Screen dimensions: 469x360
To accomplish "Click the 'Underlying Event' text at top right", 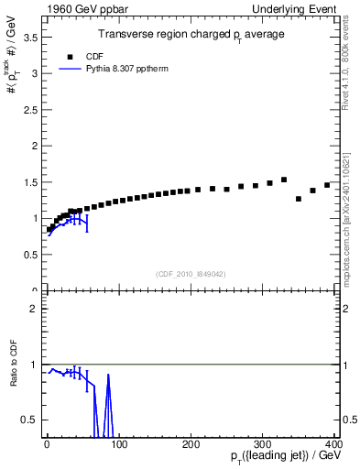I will [x=295, y=7].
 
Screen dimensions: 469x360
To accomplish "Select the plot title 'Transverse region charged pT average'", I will [x=191, y=34].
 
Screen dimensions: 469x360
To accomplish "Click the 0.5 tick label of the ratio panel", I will [x=33, y=420].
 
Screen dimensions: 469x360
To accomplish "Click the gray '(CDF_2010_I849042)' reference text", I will [x=191, y=273].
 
